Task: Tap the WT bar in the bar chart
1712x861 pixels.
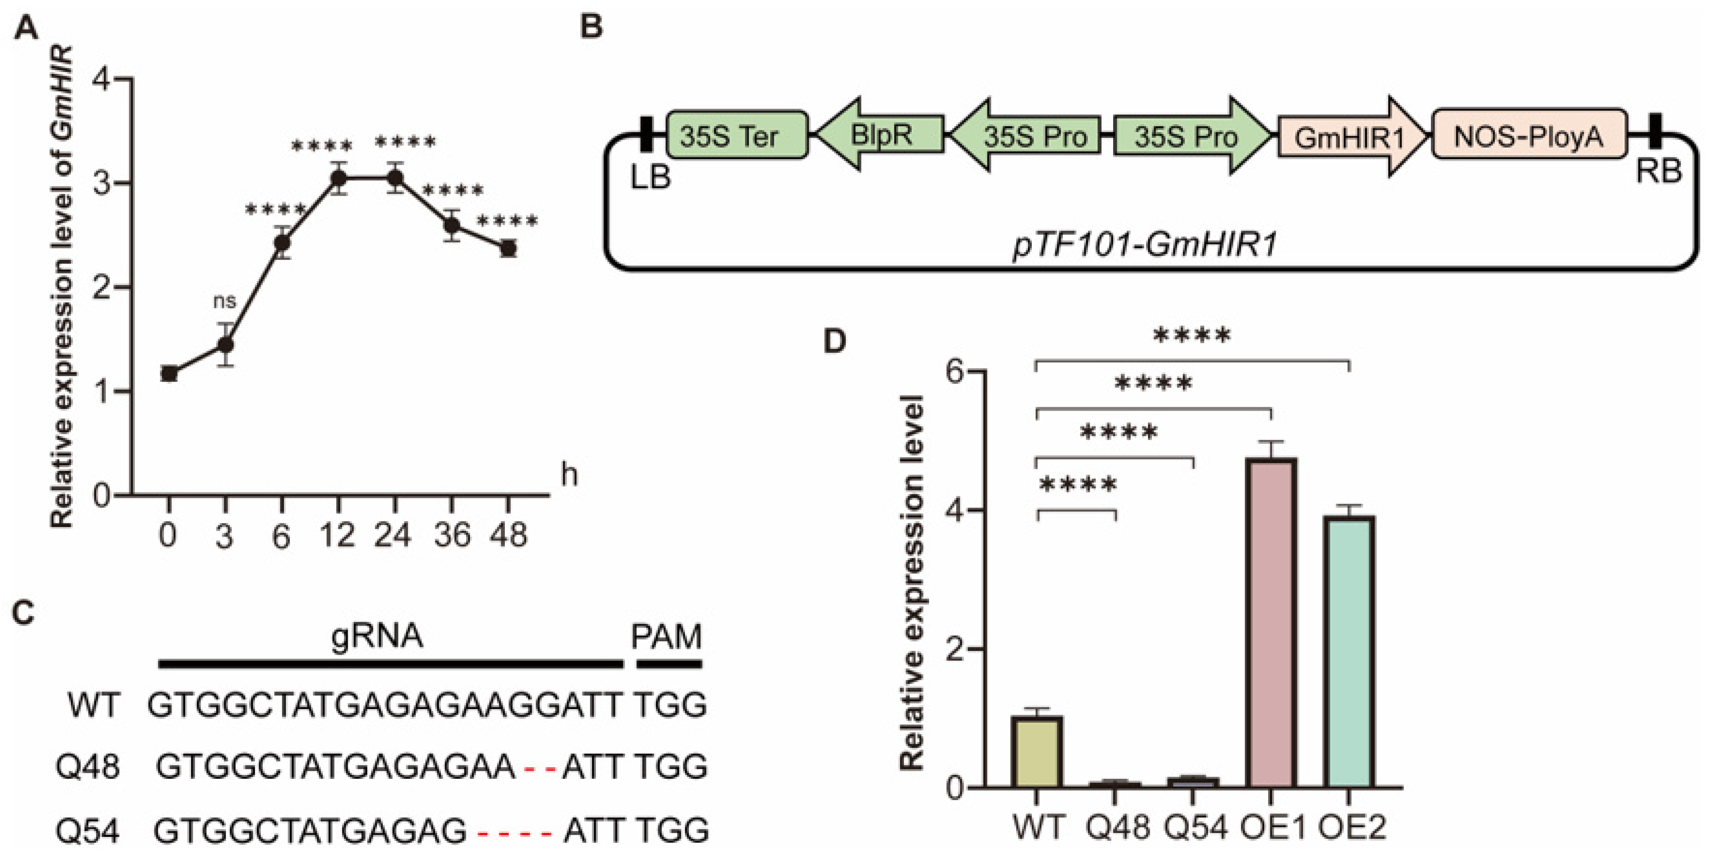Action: [1037, 751]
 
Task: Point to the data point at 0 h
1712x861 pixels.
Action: [169, 374]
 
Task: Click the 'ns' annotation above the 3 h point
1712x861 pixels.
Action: [225, 301]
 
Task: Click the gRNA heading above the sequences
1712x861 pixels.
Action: [377, 636]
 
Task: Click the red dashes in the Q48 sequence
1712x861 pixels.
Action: [539, 769]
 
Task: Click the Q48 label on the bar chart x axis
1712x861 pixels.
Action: [1118, 827]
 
